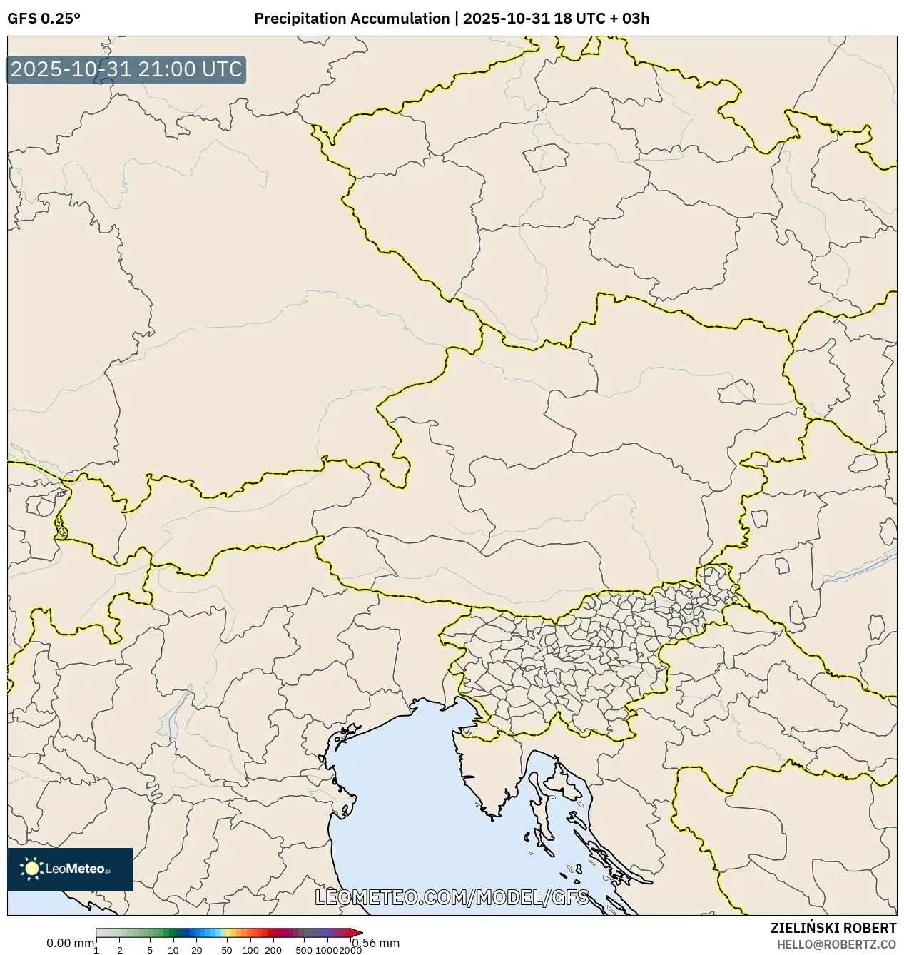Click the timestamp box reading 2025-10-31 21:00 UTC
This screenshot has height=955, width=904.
click(x=126, y=70)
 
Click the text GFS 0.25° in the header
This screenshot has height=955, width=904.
click(x=44, y=19)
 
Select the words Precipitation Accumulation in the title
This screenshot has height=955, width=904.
click(x=351, y=19)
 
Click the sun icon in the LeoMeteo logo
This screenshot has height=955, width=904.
click(x=31, y=869)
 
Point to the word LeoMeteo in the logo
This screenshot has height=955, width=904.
click(x=75, y=869)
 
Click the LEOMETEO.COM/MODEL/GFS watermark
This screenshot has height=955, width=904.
click(x=452, y=897)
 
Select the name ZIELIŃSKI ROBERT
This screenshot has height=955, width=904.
click(x=833, y=929)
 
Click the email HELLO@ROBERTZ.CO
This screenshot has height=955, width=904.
click(x=836, y=944)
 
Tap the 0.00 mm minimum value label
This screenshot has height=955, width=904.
click(x=69, y=944)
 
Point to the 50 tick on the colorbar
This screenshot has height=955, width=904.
click(x=227, y=950)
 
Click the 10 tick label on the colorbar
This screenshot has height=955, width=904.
click(x=173, y=950)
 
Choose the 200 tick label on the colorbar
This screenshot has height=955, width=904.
click(x=273, y=950)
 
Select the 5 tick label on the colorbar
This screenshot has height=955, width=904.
click(x=150, y=950)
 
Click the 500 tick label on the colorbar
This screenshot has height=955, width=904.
click(x=304, y=950)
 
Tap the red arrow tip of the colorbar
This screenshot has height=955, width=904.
click(x=358, y=933)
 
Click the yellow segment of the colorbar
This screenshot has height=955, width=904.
click(x=227, y=933)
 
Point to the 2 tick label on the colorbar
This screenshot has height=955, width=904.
click(x=120, y=950)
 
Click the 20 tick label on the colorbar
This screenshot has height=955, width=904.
click(x=197, y=950)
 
